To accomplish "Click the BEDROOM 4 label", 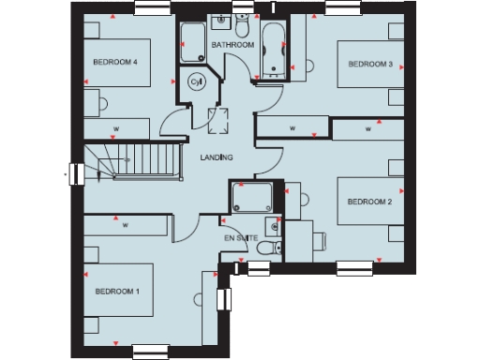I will click(x=115, y=63).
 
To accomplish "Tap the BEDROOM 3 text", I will click(x=369, y=64).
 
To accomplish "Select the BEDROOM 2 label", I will click(x=368, y=202).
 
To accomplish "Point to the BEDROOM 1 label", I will click(x=116, y=292).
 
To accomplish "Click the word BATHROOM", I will click(x=232, y=45).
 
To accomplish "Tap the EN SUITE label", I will click(x=241, y=238).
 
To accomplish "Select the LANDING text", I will click(x=217, y=157).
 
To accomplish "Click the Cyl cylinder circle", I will click(x=197, y=82).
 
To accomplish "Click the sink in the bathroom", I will click(x=222, y=20).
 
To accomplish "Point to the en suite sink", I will click(x=271, y=224).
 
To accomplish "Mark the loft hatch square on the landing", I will click(x=222, y=119).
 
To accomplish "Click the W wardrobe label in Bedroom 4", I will click(x=115, y=128).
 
